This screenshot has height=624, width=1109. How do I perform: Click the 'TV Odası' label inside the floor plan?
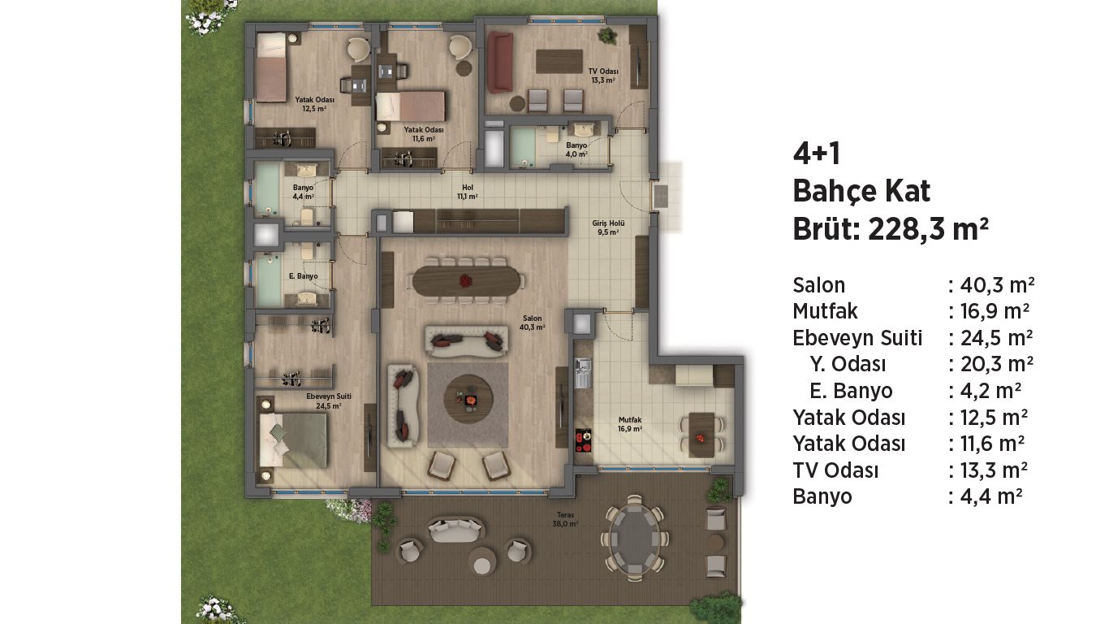(x=603, y=71)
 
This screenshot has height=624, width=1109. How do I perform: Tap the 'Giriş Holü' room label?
(x=608, y=223)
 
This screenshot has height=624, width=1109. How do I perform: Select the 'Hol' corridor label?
(x=468, y=188)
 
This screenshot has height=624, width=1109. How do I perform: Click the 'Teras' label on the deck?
(x=565, y=515)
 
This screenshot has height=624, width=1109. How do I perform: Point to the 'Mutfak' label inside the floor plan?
(x=630, y=420)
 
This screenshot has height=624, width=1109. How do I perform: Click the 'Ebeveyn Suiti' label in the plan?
(x=329, y=396)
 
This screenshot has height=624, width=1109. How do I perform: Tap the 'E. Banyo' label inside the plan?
(x=303, y=276)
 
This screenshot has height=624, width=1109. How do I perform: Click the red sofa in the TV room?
(x=499, y=63)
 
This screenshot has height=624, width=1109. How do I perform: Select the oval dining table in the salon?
(x=466, y=281)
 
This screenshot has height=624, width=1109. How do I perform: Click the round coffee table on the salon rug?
(x=468, y=398)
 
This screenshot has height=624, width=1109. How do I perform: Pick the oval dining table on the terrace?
(x=635, y=538)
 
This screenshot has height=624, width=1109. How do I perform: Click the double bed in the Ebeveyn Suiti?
(x=293, y=440)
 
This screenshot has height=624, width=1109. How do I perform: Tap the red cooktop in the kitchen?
(x=583, y=440)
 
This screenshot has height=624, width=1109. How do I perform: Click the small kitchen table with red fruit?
(x=701, y=435)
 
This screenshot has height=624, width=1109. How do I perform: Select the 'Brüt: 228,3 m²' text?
(x=891, y=229)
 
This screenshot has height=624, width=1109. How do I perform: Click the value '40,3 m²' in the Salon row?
(x=998, y=284)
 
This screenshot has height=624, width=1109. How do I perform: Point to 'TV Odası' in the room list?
(x=835, y=470)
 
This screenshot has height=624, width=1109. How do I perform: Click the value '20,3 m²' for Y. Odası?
(x=997, y=364)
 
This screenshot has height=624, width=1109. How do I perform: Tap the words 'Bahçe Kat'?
(x=861, y=191)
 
